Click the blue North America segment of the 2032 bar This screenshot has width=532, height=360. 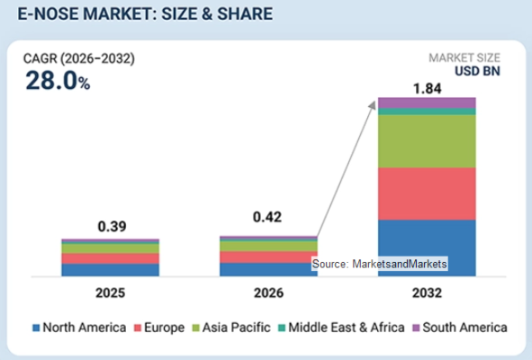(x=427, y=248)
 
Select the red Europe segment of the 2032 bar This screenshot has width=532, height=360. (x=427, y=193)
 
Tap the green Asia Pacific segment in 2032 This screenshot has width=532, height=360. (x=427, y=141)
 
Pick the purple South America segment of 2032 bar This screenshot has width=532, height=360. (x=427, y=103)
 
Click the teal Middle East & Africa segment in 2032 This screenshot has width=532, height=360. (x=427, y=112)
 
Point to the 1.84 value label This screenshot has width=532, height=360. (x=428, y=88)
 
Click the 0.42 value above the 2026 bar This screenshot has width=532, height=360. (x=267, y=217)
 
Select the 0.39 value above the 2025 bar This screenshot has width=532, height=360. (x=112, y=226)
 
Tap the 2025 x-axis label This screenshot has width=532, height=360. (x=110, y=292)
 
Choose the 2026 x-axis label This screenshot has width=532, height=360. (x=269, y=292)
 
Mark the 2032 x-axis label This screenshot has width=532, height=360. (x=428, y=292)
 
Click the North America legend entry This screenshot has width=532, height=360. (x=79, y=328)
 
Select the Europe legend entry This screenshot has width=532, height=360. (x=159, y=328)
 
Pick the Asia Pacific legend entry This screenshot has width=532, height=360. (x=231, y=328)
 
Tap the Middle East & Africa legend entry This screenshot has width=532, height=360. (x=341, y=328)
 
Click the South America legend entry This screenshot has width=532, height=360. (x=460, y=328)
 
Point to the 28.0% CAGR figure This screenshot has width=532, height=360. (x=58, y=81)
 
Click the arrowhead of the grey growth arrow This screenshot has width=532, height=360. (x=374, y=104)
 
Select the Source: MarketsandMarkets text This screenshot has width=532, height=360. (x=379, y=264)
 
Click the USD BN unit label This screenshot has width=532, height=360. (x=477, y=71)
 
